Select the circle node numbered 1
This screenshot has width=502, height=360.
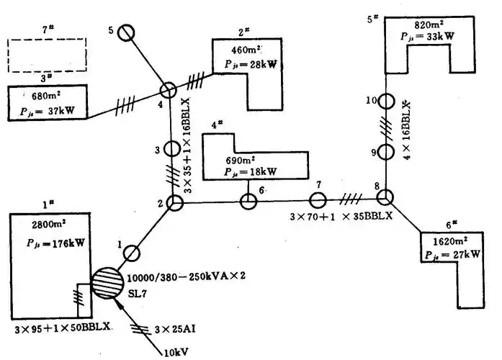[x=132, y=253]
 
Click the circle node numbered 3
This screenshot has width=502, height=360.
[x=171, y=149]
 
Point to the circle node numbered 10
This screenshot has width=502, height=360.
[x=386, y=102]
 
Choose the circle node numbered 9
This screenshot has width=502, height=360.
[x=386, y=152]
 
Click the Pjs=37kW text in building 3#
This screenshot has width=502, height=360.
[x=49, y=112]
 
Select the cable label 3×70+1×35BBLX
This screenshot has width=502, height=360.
[x=340, y=217]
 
